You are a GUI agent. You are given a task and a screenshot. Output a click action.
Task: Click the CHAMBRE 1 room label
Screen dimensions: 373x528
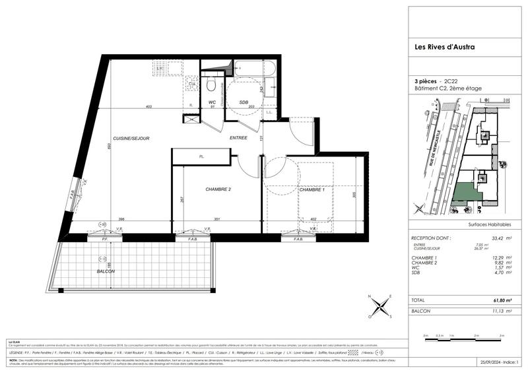(311, 189)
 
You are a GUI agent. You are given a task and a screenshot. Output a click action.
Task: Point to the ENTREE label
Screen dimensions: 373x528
(238, 137)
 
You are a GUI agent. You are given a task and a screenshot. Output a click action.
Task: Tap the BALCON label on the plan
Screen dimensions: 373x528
(105, 271)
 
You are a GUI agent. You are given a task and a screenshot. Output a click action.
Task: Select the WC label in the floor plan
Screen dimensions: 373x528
(213, 102)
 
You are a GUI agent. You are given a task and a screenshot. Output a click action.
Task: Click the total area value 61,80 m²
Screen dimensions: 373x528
(486, 300)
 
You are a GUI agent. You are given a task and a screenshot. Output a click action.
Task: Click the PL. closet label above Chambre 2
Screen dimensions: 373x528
(201, 156)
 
